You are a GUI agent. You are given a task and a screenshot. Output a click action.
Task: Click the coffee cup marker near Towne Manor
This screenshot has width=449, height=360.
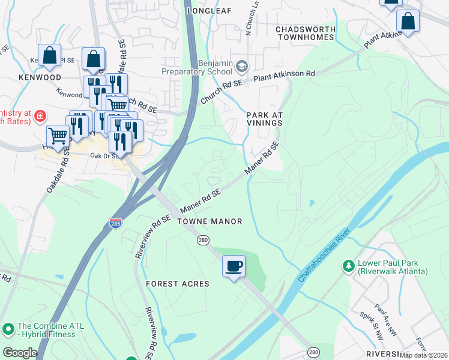234,265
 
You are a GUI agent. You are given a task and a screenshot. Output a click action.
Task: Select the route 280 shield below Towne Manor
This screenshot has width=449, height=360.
203,240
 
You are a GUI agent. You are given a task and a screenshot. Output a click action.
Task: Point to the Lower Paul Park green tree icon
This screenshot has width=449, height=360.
348,265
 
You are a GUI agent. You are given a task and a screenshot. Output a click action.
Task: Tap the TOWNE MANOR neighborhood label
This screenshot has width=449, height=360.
209,221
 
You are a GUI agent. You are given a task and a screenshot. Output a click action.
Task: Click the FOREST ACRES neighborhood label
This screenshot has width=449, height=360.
178,284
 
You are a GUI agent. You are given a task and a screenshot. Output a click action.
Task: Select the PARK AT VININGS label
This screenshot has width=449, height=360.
264,118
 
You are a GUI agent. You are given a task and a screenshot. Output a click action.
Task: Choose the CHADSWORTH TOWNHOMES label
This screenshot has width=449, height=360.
304,33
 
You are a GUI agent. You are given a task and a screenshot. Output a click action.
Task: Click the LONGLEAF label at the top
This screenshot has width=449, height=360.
209,11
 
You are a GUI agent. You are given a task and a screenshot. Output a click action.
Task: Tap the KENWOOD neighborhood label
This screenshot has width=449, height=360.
40,78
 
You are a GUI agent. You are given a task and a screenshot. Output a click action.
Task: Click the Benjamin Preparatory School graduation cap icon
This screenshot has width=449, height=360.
243,65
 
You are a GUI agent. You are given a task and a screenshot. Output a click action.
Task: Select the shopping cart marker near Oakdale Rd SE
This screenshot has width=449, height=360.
58,134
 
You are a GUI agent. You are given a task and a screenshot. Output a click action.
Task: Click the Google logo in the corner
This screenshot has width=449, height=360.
20,353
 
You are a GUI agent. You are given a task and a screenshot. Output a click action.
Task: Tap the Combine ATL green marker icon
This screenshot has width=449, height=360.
8,329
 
